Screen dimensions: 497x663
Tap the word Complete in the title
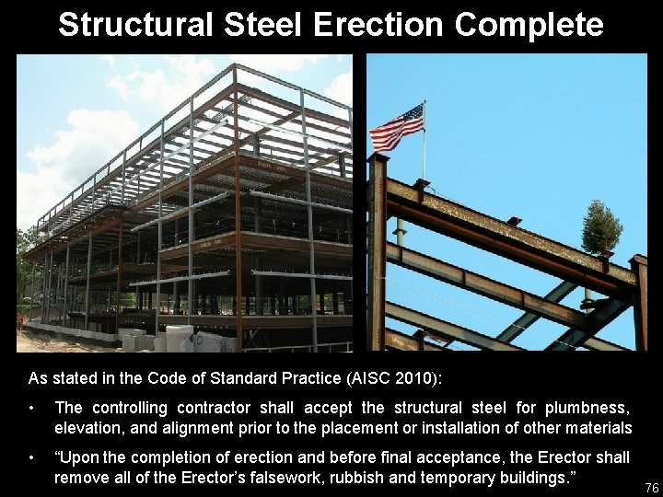[x=527, y=24]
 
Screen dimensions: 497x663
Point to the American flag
[x=397, y=127]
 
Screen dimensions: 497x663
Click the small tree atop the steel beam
[x=601, y=227]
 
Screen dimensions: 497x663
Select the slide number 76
[x=651, y=487]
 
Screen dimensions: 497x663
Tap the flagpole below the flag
[x=424, y=161]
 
